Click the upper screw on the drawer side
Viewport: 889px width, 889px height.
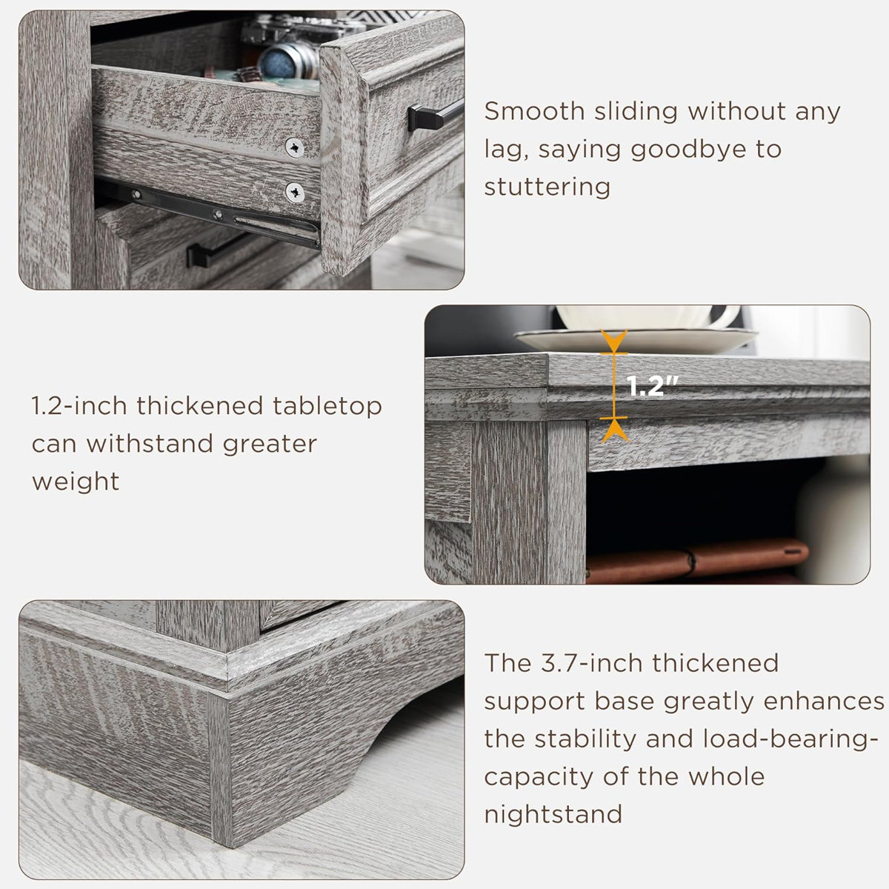pos(296,148)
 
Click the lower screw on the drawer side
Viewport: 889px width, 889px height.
pos(295,193)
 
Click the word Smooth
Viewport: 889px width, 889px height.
pos(534,111)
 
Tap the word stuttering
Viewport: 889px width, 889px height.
pos(547,187)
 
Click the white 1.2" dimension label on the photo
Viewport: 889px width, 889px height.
pos(652,386)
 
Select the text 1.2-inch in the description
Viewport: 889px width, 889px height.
pos(79,406)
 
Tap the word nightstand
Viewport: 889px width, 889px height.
pos(553,814)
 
